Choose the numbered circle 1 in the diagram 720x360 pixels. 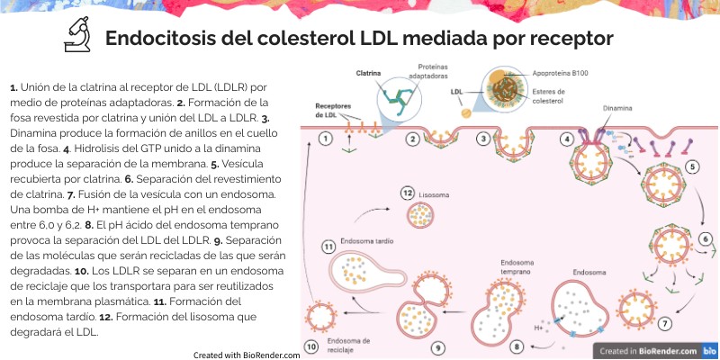(326, 139)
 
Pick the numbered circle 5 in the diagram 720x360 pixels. (693, 166)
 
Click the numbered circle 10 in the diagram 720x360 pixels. (310, 346)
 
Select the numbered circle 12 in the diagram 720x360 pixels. (407, 193)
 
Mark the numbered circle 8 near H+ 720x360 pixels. (517, 345)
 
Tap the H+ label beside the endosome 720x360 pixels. (538, 328)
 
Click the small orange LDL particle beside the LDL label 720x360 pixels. (465, 113)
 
